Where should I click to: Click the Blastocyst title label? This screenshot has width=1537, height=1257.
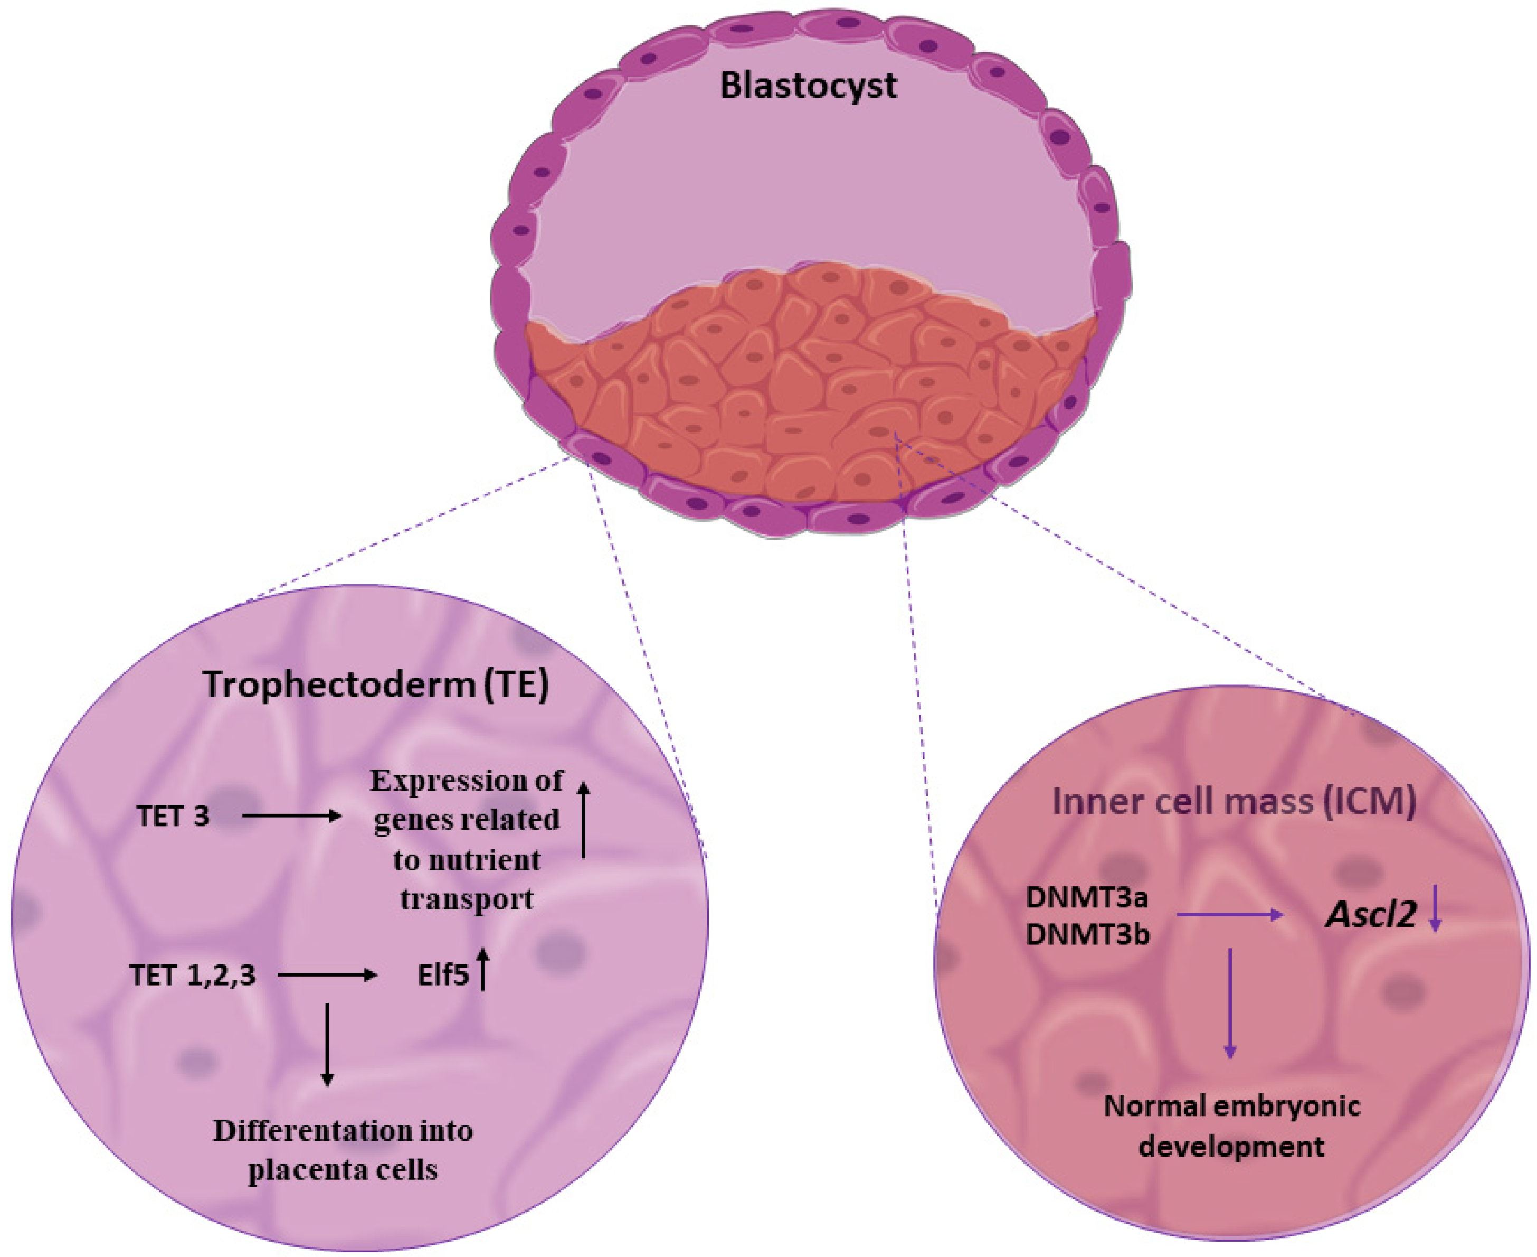point(808,86)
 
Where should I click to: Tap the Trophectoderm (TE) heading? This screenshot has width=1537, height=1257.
point(376,684)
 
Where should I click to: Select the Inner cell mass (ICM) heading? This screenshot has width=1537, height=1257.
point(1233,802)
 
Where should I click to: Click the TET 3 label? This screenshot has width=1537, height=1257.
point(173,817)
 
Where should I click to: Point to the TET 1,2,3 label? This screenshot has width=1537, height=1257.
point(193,975)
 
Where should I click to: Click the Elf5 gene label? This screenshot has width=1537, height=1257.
point(443,976)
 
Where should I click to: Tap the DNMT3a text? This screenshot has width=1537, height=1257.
point(1087,898)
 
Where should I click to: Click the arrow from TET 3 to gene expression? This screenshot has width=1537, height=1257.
point(292,816)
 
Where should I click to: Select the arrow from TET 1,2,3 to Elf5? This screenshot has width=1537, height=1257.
point(327,975)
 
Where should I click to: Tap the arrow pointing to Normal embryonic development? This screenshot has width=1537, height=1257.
point(1229,1003)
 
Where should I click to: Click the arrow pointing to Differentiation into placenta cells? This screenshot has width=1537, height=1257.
point(327,1044)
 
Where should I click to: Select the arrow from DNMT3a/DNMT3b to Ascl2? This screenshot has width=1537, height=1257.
point(1229,915)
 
